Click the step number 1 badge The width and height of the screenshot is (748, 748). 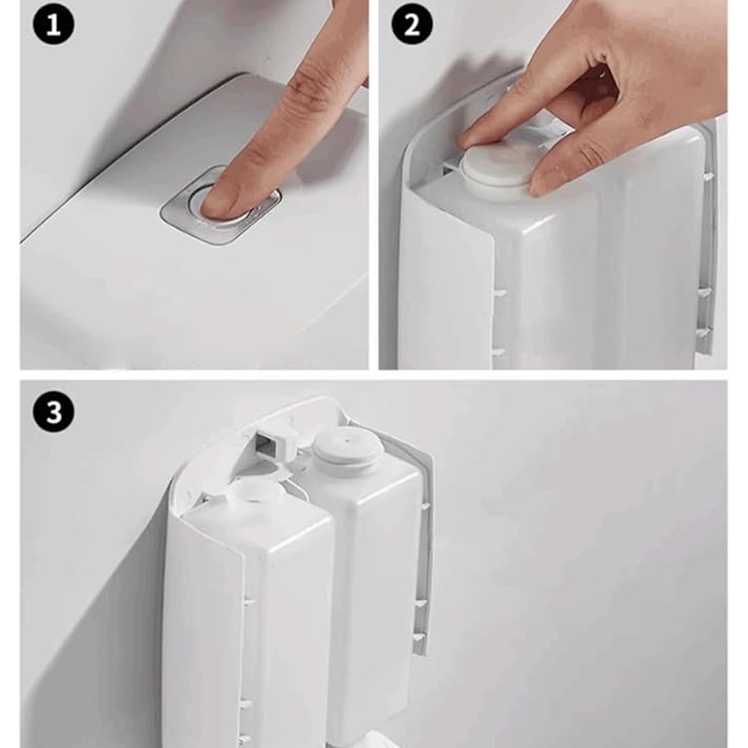coord(54,25)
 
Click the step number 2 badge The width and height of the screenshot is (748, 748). coord(411,25)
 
